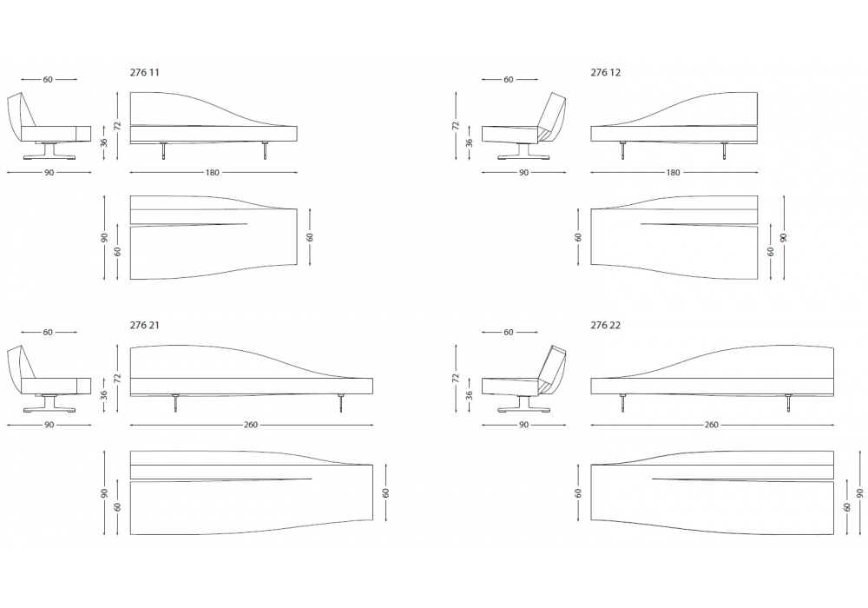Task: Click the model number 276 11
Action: (x=144, y=73)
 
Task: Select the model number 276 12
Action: (x=606, y=73)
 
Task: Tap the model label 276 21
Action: (x=144, y=325)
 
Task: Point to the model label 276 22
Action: (x=606, y=325)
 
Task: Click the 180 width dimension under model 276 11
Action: (x=213, y=172)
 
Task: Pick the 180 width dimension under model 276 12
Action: (x=673, y=172)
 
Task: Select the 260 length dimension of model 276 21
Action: (x=251, y=425)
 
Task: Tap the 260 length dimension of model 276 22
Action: (x=712, y=425)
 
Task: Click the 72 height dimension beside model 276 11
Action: (x=117, y=126)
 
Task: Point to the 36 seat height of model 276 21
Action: (x=104, y=395)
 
